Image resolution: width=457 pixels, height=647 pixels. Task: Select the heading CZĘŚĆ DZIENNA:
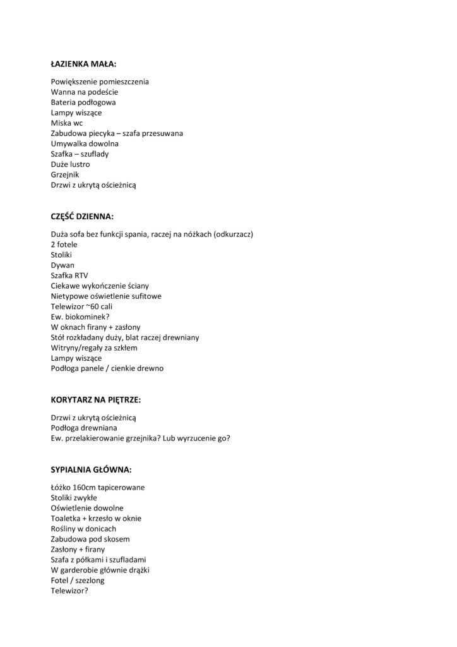(x=82, y=216)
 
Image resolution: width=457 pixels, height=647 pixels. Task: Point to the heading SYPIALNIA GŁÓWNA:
(x=91, y=470)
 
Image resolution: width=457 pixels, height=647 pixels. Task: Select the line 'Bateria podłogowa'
(x=83, y=102)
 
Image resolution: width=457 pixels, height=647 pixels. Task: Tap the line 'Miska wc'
(x=67, y=123)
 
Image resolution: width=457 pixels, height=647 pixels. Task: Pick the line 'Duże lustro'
(x=70, y=164)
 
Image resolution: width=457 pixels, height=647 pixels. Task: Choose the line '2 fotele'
(x=65, y=245)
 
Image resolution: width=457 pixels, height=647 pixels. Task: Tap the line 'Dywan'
(x=62, y=265)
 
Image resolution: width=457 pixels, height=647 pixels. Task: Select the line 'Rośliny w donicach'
(x=83, y=529)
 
